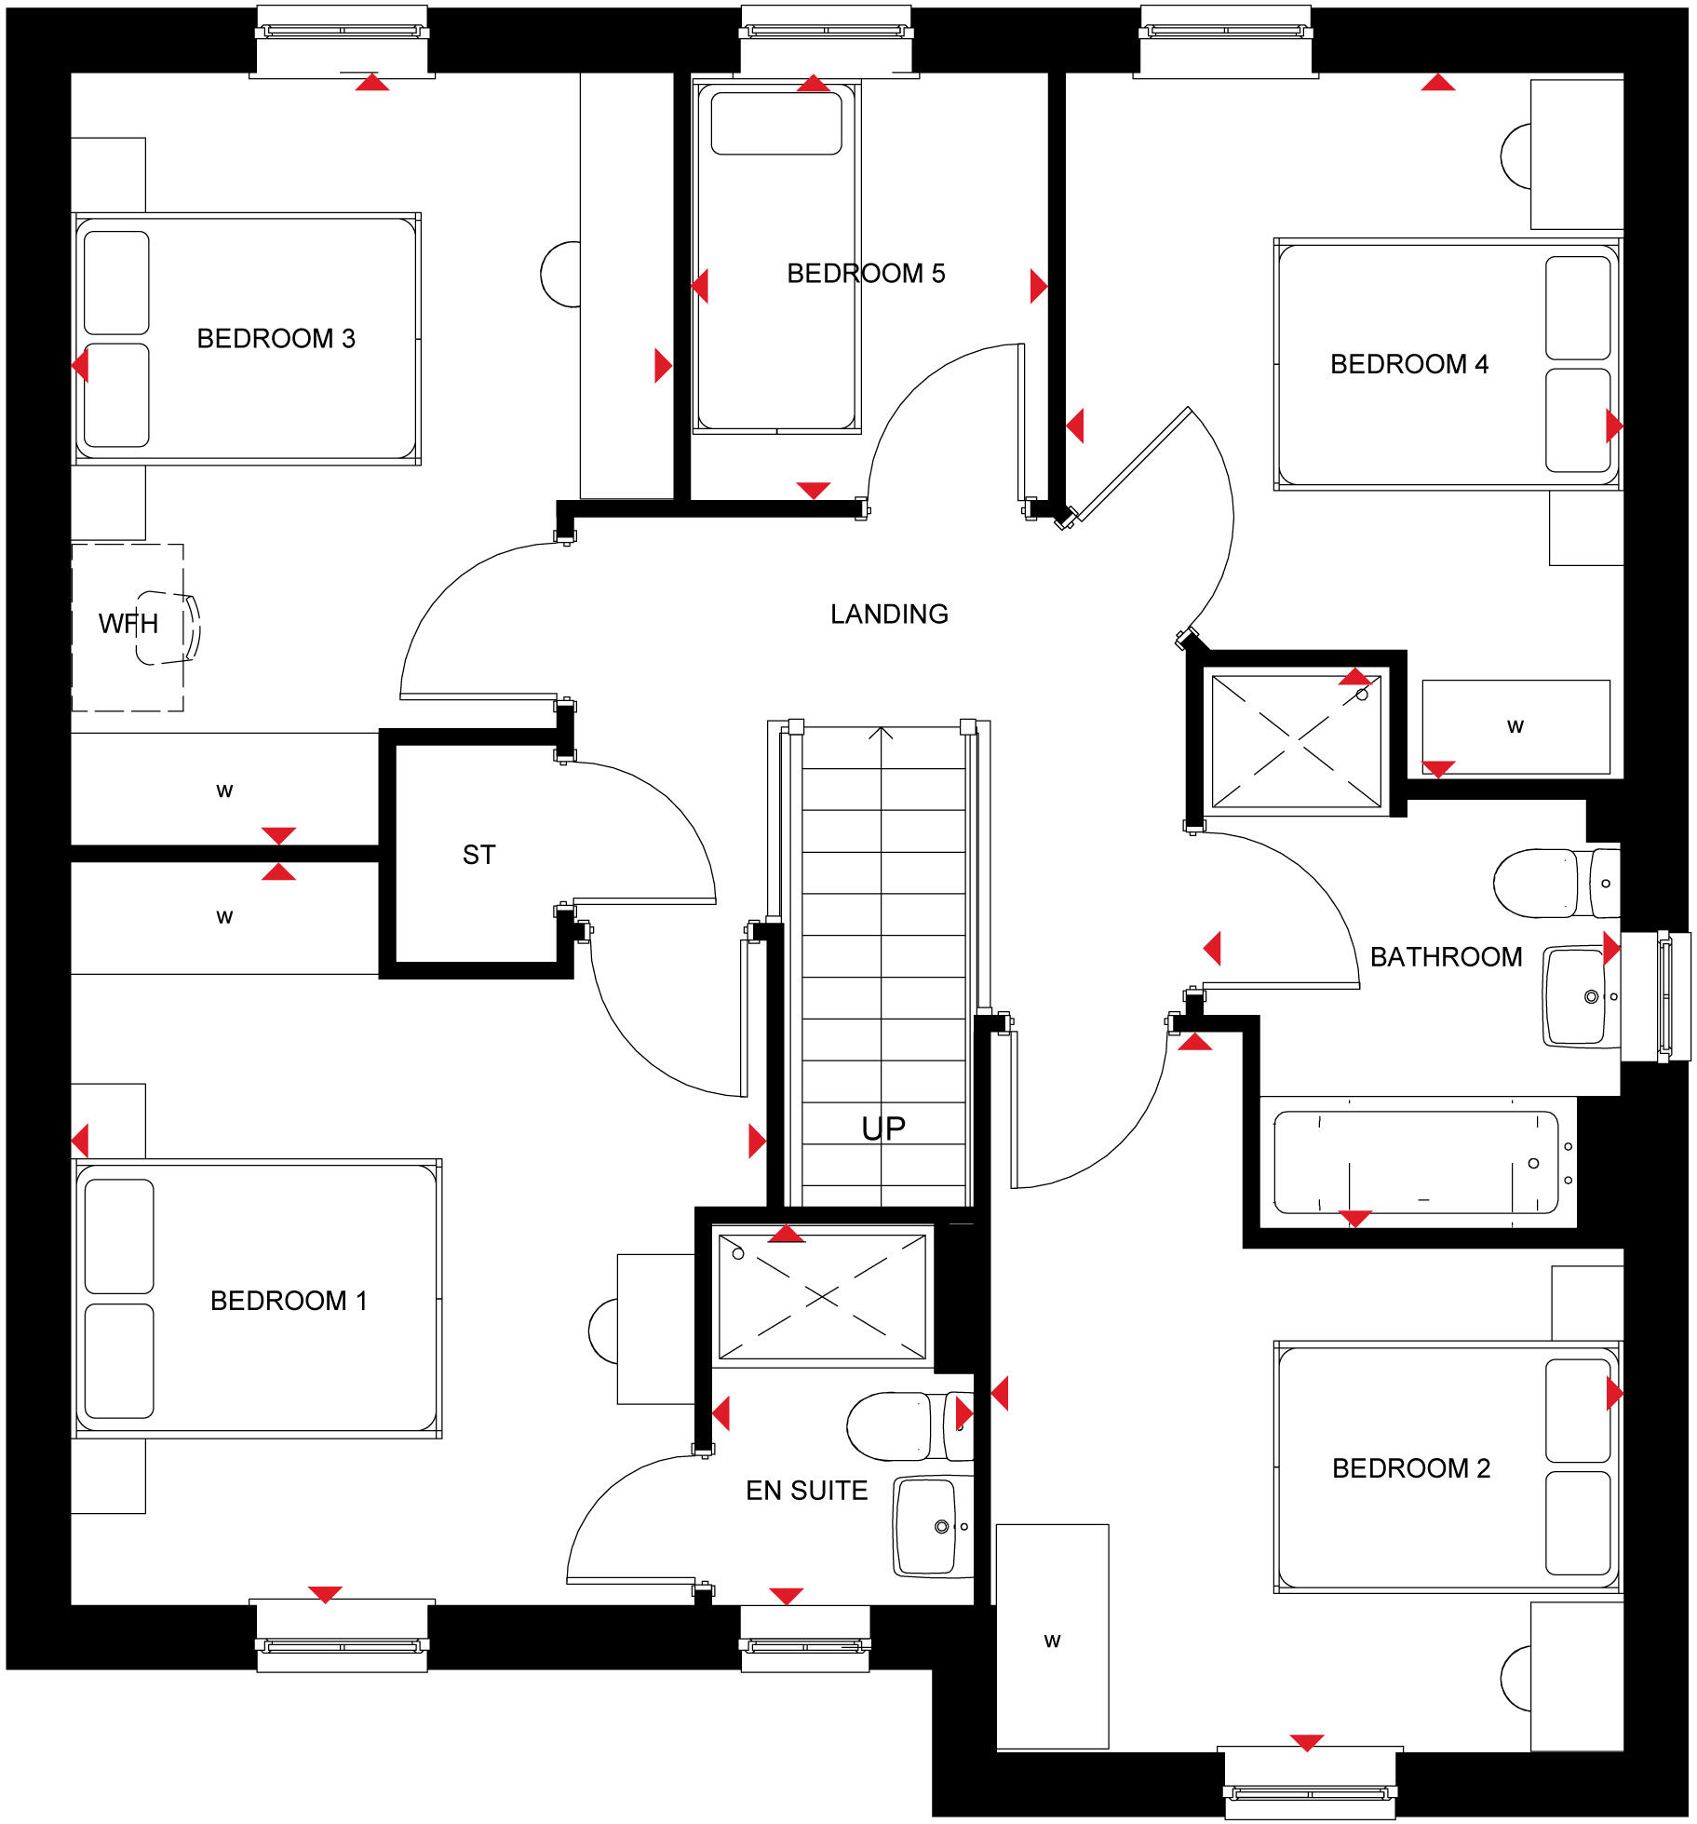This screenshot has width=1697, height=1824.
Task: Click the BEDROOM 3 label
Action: (x=276, y=338)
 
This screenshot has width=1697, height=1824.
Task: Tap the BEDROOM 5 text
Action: (x=865, y=273)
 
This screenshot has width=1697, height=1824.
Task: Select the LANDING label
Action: (x=889, y=614)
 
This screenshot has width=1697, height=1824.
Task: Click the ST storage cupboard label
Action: (x=478, y=855)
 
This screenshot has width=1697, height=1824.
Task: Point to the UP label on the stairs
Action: (x=882, y=1128)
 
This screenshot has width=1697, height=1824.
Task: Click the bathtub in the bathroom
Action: (x=1415, y=1163)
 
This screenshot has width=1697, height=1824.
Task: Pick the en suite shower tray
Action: (x=822, y=1296)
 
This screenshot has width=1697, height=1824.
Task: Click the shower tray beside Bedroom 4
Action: (x=1296, y=741)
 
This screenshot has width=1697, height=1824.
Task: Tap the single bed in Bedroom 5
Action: (x=776, y=279)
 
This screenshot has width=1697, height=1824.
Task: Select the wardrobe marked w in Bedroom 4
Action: (x=1515, y=727)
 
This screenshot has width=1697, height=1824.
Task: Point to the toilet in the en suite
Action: (x=898, y=1425)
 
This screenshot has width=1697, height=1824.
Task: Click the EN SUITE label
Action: (x=806, y=1491)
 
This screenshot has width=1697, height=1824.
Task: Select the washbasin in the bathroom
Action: (x=1577, y=996)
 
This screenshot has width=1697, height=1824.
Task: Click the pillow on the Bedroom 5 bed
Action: (x=776, y=123)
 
